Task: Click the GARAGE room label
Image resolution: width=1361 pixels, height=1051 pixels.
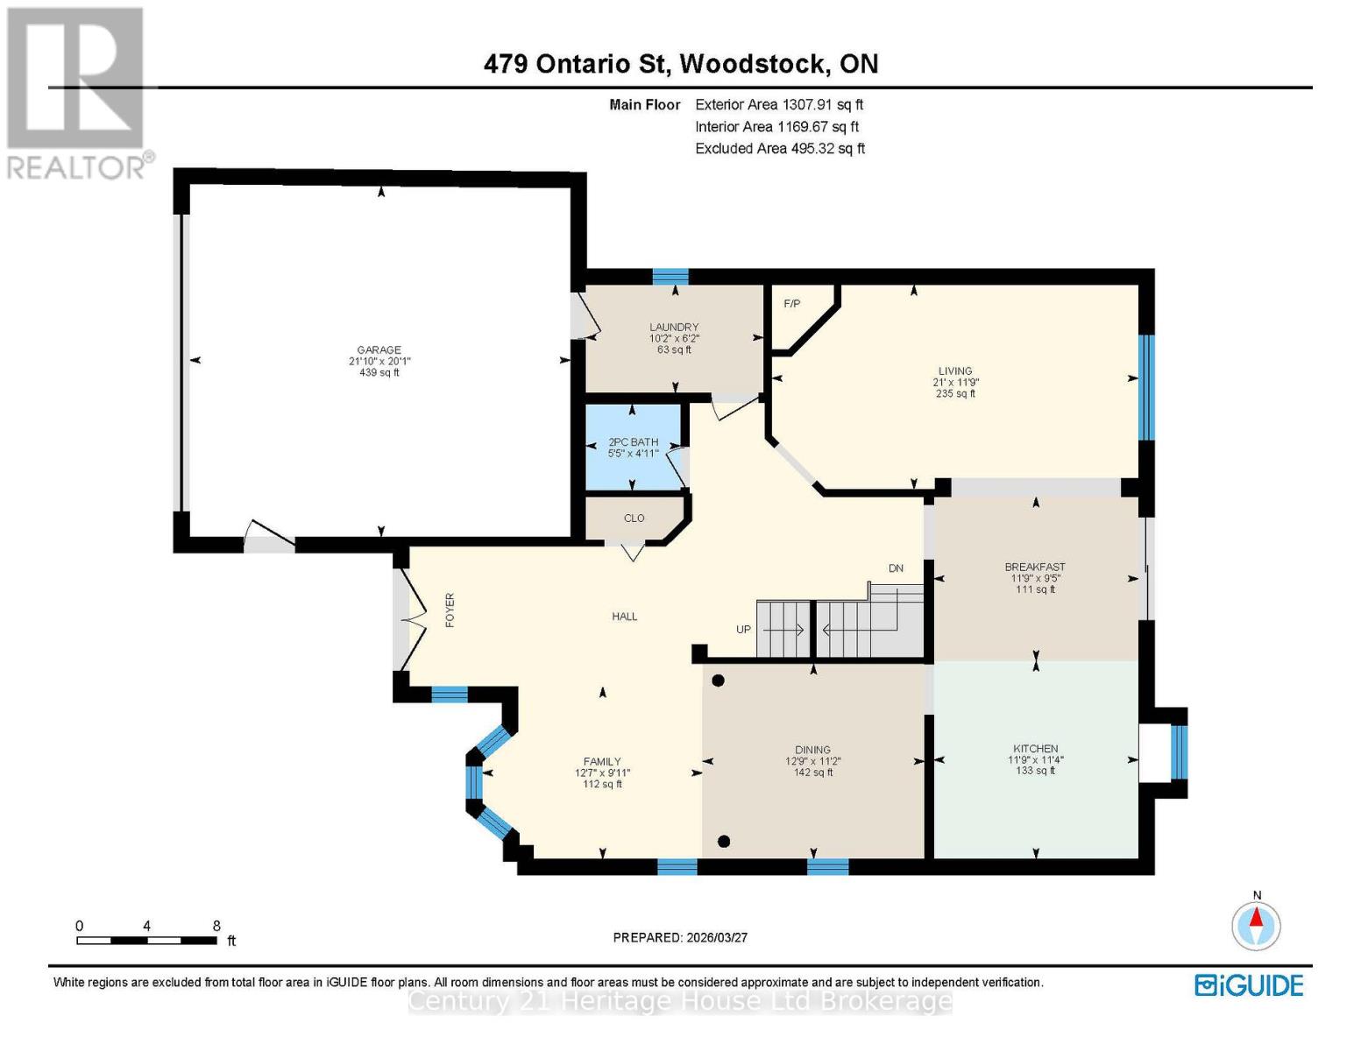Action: [379, 350]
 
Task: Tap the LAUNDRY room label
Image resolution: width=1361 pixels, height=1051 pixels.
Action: [673, 328]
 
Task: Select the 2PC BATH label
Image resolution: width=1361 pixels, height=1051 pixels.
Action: [633, 443]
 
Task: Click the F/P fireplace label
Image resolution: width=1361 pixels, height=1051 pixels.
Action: [791, 304]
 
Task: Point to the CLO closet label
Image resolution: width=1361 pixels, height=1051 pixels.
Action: [634, 518]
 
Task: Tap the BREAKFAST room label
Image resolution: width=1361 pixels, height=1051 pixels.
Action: [1035, 568]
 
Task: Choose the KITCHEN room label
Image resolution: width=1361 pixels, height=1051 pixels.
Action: [1035, 749]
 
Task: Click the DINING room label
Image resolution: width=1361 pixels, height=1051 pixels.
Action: [812, 750]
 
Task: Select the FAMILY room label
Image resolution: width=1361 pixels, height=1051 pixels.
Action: [602, 762]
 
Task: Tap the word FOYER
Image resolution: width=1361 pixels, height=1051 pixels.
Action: [450, 610]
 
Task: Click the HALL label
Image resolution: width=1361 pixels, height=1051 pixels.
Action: [625, 617]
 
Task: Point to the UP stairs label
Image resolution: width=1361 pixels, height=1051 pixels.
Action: [743, 629]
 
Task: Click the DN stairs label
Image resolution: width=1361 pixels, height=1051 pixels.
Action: [896, 568]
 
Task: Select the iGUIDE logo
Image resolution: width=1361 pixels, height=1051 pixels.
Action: [1249, 985]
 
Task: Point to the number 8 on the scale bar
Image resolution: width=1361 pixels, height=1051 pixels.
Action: [216, 926]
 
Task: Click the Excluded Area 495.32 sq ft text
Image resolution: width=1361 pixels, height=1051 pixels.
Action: [780, 149]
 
